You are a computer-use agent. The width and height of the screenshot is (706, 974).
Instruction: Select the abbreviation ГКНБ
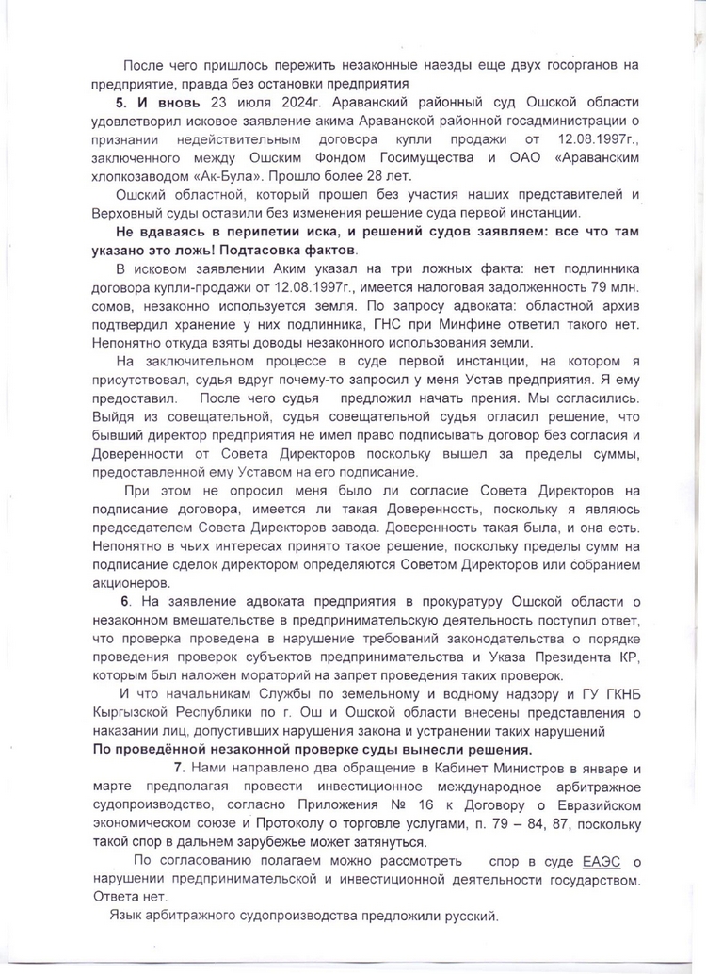click(609, 693)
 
